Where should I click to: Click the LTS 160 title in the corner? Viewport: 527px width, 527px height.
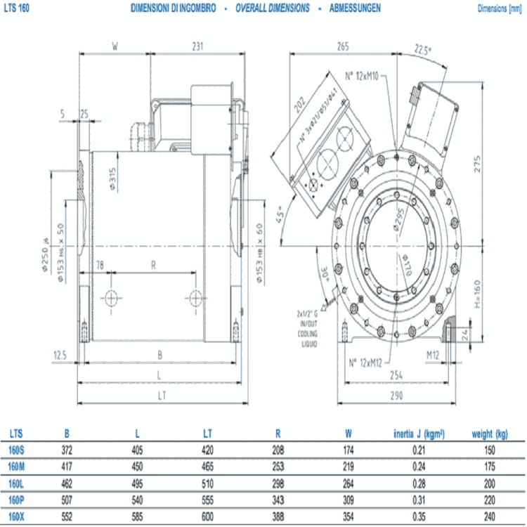click(x=15, y=8)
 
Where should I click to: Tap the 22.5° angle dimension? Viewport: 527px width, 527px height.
click(x=423, y=50)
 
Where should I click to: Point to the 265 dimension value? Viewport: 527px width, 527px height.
click(x=342, y=46)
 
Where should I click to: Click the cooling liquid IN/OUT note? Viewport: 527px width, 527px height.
click(x=308, y=330)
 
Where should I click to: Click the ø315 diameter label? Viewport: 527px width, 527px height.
click(x=112, y=178)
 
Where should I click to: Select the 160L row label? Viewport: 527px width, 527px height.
click(x=15, y=484)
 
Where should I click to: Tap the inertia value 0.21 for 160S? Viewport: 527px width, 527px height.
click(x=419, y=450)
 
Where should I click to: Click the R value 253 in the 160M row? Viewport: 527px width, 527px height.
click(x=278, y=467)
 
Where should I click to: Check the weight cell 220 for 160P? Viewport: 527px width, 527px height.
click(x=489, y=501)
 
